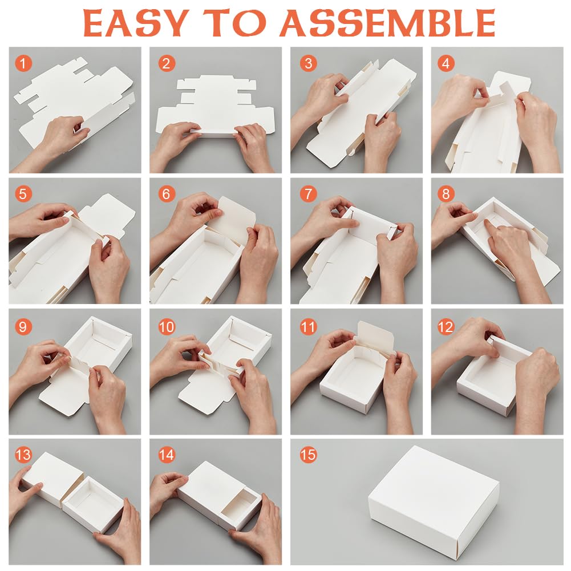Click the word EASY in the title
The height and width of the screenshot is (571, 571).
point(136,23)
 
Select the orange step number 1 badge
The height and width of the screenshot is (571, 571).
point(23,63)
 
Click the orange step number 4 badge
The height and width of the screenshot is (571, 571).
point(446,63)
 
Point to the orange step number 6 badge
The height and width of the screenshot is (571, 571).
point(167,194)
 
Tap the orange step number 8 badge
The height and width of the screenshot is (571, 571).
point(446,194)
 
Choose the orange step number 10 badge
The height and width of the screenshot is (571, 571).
point(167,327)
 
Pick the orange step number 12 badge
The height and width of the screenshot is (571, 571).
point(446,327)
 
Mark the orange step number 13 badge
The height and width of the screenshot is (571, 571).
point(23,455)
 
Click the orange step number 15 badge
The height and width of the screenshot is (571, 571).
point(308,455)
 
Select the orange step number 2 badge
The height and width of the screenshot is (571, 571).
point(167,63)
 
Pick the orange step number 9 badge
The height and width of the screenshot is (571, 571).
point(23,327)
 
